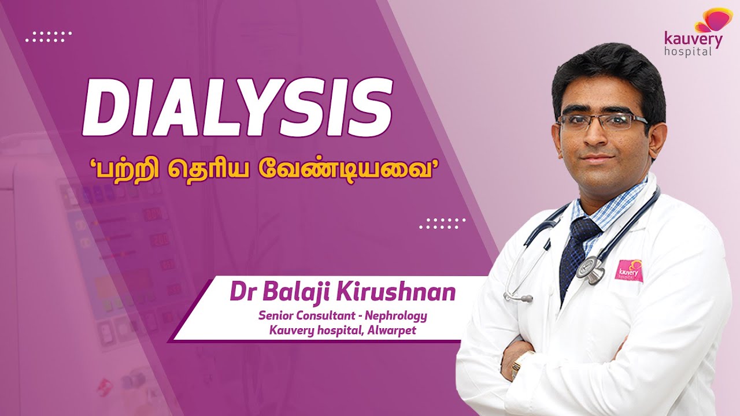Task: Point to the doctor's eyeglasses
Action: (x=602, y=121)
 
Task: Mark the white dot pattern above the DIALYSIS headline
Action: (x=49, y=37)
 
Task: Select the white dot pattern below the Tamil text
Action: (x=442, y=223)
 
